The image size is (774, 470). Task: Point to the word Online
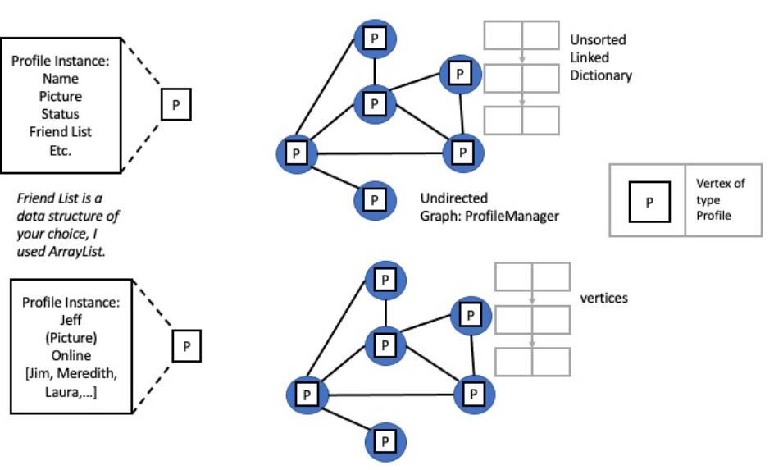71,356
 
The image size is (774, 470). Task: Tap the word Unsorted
598,40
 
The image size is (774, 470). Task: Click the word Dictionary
602,75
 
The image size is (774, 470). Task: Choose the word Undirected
453,198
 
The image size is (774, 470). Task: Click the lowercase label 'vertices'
603,298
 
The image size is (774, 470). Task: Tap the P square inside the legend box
647,200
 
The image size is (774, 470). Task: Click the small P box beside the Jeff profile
186,345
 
